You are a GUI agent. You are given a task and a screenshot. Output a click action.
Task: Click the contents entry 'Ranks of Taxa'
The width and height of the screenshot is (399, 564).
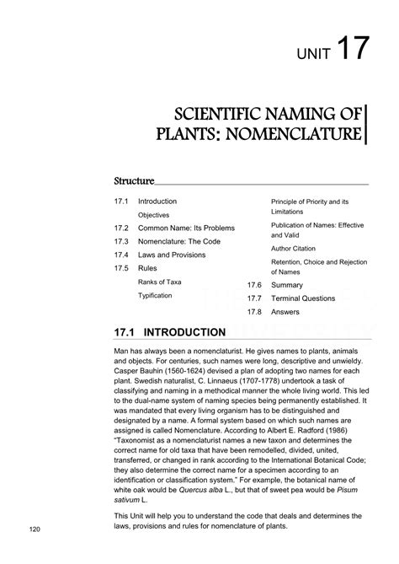[x=159, y=282]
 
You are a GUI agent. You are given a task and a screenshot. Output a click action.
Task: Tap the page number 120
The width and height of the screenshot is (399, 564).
[x=35, y=529]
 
